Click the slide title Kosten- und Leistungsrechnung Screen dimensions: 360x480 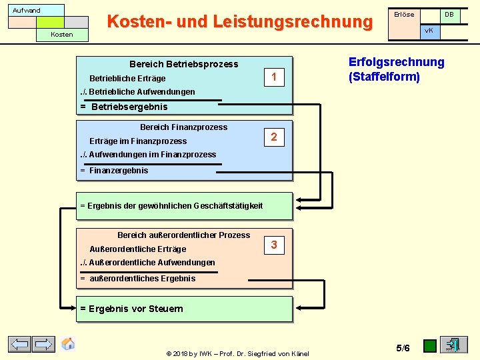click(239, 21)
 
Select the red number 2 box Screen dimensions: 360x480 click(273, 138)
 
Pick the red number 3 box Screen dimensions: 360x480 click(273, 245)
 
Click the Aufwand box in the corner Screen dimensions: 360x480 click(27, 10)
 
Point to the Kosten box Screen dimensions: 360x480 click(62, 34)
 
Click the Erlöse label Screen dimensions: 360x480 click(404, 14)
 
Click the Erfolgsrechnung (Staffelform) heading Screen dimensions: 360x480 click(396, 69)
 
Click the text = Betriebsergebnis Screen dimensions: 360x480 click(124, 107)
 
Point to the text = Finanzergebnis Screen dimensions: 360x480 click(114, 171)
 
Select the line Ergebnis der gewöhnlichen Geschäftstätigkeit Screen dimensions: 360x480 click(171, 206)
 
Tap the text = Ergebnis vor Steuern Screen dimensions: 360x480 click(131, 309)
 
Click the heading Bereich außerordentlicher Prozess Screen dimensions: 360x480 click(183, 235)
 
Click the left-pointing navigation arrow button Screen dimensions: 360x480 click(19, 345)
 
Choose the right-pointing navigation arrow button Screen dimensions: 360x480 click(44, 345)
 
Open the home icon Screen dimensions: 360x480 click(68, 344)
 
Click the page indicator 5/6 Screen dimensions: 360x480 click(403, 348)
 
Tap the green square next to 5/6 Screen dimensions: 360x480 click(430, 346)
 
